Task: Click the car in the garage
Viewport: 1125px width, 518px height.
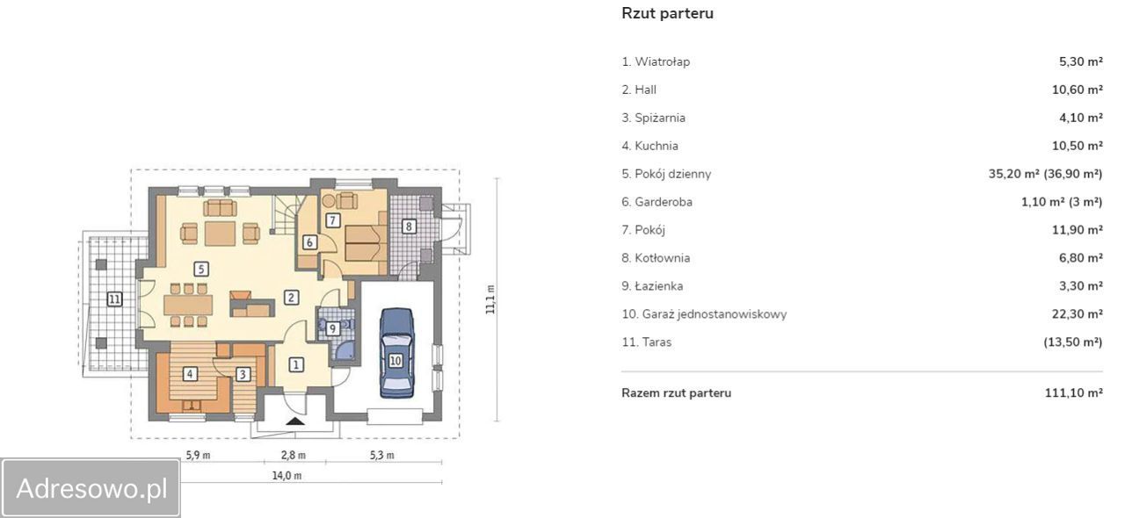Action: pyautogui.click(x=396, y=353)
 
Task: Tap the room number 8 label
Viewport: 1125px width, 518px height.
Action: pyautogui.click(x=409, y=227)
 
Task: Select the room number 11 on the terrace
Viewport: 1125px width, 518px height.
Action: pyautogui.click(x=114, y=299)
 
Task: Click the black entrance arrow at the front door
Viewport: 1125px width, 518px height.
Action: pyautogui.click(x=295, y=421)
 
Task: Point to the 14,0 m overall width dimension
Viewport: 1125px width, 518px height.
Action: pyautogui.click(x=287, y=475)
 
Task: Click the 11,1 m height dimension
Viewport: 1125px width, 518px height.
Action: pyautogui.click(x=490, y=299)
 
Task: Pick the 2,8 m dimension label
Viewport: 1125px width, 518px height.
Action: pyautogui.click(x=294, y=456)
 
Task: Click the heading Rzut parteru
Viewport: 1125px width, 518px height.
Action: pyautogui.click(x=667, y=13)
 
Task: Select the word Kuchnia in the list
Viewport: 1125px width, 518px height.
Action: pyautogui.click(x=657, y=146)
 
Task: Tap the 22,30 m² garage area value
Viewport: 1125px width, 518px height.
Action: pyautogui.click(x=1078, y=313)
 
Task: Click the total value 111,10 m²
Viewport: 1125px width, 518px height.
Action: pyautogui.click(x=1074, y=392)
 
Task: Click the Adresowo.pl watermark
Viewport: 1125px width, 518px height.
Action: pyautogui.click(x=91, y=488)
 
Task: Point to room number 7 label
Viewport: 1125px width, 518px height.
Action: pyautogui.click(x=332, y=219)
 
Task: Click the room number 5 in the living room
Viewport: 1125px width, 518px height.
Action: pyautogui.click(x=201, y=269)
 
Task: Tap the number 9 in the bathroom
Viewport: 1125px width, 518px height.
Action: pyautogui.click(x=332, y=328)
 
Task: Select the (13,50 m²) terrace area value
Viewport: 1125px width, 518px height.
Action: pyautogui.click(x=1073, y=342)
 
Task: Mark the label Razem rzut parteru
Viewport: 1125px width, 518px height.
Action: pyautogui.click(x=676, y=392)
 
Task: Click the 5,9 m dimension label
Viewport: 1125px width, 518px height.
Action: pyautogui.click(x=198, y=456)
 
